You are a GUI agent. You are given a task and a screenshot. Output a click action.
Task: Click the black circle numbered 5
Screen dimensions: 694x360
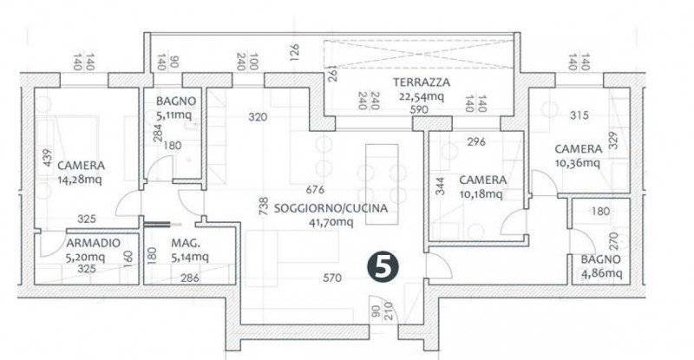click(x=383, y=266)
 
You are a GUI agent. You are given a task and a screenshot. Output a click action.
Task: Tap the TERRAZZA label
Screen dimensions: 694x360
click(x=422, y=82)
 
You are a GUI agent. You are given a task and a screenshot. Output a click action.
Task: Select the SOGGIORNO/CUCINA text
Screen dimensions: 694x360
click(x=331, y=208)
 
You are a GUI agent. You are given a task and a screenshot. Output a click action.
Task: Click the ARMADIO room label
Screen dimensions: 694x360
click(x=93, y=243)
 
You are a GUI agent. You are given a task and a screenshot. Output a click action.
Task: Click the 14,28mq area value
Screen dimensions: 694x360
click(x=80, y=180)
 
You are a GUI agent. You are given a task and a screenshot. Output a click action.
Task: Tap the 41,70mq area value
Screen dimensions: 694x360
click(x=331, y=222)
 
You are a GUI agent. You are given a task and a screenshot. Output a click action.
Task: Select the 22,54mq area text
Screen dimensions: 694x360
click(x=421, y=96)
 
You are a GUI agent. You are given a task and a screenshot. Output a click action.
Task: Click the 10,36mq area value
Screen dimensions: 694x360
click(x=578, y=163)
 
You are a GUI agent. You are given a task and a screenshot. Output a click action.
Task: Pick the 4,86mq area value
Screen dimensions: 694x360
click(x=601, y=273)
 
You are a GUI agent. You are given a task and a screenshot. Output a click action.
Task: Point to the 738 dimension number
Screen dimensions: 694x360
click(x=264, y=206)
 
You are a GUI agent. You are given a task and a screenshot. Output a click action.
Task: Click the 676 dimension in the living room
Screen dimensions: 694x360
click(x=315, y=190)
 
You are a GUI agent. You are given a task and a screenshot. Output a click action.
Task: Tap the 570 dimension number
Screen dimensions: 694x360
click(x=332, y=278)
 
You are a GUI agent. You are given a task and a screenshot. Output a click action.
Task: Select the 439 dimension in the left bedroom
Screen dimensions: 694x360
click(x=48, y=158)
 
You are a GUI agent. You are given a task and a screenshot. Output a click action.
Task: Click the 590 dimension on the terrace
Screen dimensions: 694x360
click(x=419, y=109)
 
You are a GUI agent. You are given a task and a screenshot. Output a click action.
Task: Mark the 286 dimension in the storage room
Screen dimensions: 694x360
click(x=190, y=278)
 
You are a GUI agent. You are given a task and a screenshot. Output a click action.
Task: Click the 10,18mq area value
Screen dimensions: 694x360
click(x=481, y=194)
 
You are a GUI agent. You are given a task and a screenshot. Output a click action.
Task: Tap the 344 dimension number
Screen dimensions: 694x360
click(x=440, y=187)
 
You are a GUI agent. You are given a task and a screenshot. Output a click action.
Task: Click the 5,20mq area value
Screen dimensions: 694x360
click(x=85, y=258)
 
